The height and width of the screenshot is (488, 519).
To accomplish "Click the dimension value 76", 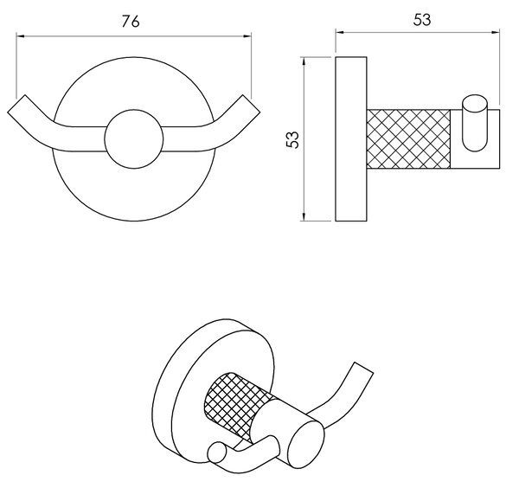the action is click(x=131, y=22).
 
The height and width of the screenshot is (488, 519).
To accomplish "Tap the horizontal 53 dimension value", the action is click(x=422, y=20).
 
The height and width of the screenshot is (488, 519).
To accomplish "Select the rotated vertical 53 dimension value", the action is click(x=292, y=139).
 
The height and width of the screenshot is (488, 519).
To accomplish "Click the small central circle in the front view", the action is click(x=134, y=139).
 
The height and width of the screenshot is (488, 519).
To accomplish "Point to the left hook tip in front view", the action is click(x=16, y=104).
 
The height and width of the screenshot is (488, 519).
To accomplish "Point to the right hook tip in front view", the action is click(x=251, y=104).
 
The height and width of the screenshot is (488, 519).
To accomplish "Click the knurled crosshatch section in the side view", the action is click(x=408, y=139).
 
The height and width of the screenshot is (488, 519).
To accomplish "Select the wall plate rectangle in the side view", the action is click(x=351, y=139).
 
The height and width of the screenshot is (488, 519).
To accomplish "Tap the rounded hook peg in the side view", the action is click(x=475, y=123).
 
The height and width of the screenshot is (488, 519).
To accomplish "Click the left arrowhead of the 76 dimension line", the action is click(x=21, y=35).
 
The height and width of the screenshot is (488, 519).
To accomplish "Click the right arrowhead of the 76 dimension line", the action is click(x=247, y=36).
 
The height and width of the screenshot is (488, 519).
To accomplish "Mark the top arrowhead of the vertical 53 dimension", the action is click(x=304, y=61).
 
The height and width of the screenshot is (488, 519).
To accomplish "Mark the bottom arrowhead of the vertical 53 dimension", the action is click(x=304, y=216).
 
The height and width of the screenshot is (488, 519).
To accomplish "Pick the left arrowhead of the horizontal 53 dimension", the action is click(x=340, y=32).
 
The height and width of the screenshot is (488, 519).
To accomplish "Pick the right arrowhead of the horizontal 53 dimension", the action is click(x=496, y=32).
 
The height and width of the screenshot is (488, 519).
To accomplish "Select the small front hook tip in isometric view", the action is click(x=217, y=453).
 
